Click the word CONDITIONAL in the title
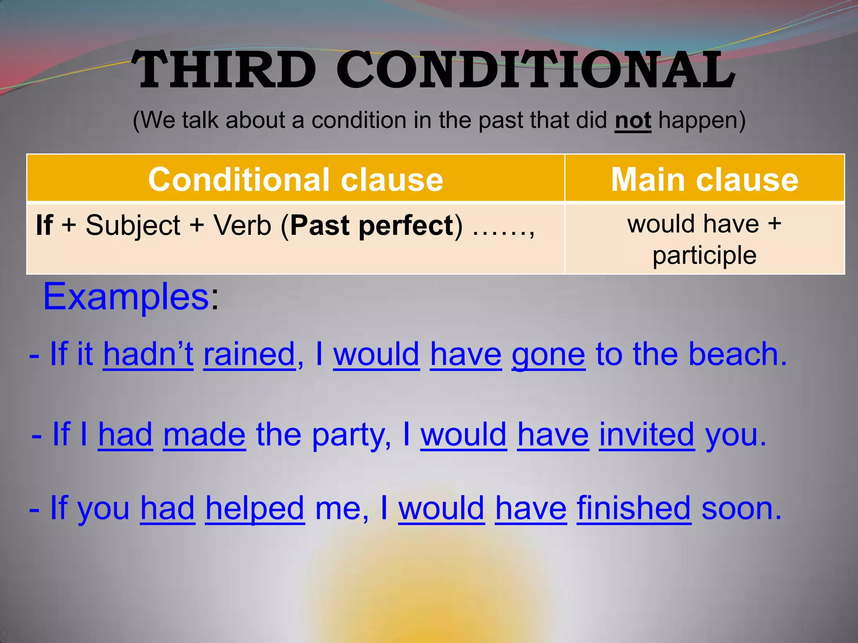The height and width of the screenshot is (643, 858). click(536, 70)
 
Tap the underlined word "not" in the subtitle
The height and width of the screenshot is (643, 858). click(633, 121)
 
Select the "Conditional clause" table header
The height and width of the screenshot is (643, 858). click(295, 179)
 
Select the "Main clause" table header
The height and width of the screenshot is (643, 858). click(705, 179)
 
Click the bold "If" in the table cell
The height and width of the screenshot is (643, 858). click(44, 225)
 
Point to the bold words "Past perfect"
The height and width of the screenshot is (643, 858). click(372, 225)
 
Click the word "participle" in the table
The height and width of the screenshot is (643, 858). click(704, 255)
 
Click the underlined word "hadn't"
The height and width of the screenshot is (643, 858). click(148, 354)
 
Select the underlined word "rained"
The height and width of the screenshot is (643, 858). click(250, 354)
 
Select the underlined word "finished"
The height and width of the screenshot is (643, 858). click(634, 508)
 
